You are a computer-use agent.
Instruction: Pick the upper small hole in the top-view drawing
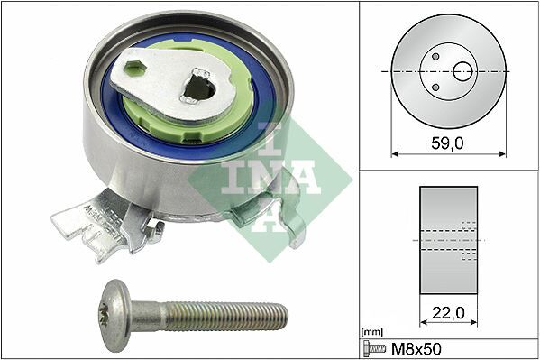(x=435, y=56)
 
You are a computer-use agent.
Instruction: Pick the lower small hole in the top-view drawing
(x=435, y=87)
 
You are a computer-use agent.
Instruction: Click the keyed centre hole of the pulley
(x=201, y=89)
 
